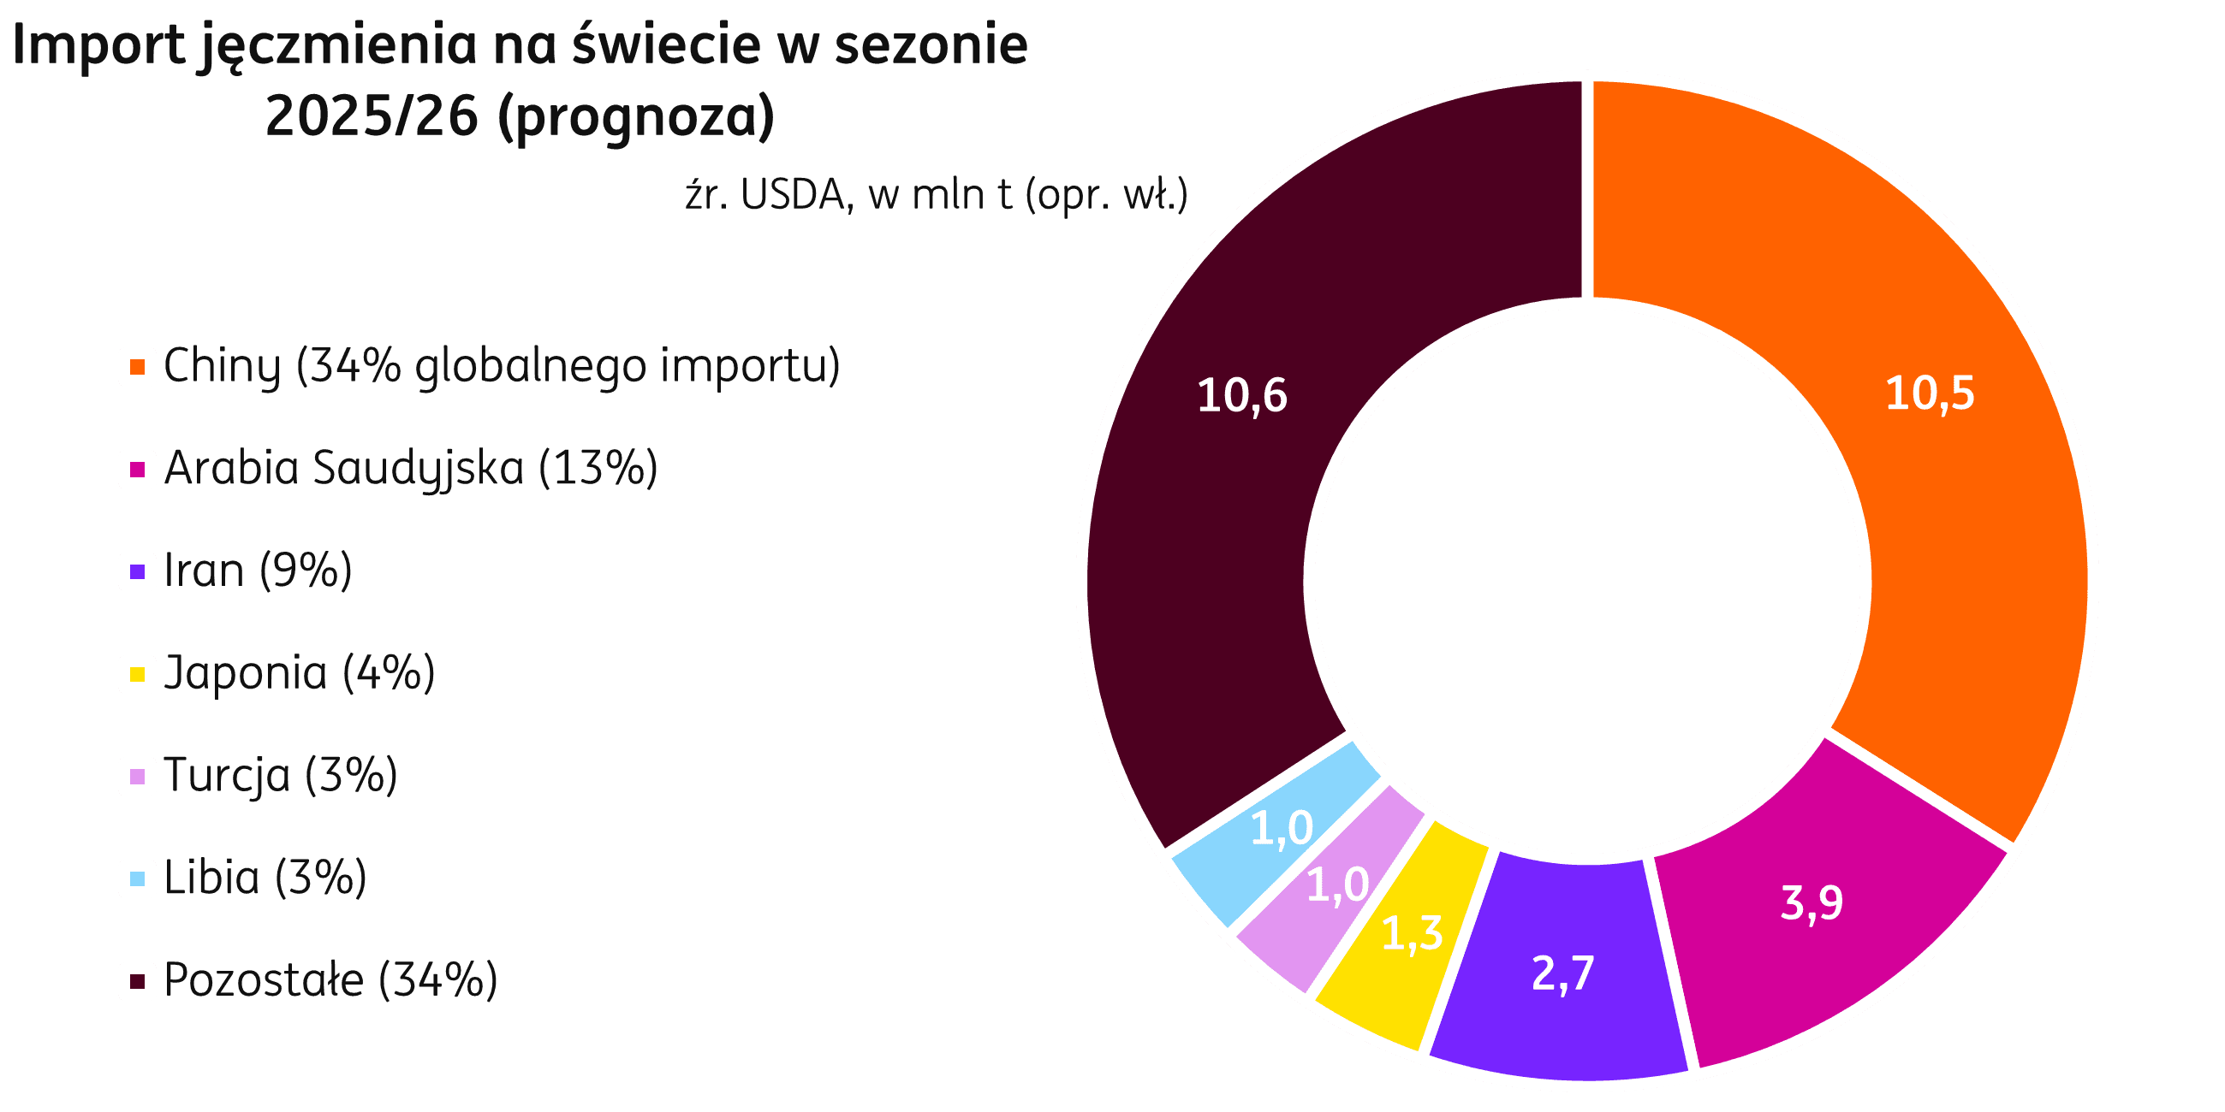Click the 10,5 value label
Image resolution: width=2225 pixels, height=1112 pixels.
coord(1930,393)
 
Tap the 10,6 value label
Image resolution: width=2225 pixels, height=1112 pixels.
coord(1242,395)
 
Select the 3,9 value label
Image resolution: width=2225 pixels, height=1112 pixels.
coord(1812,902)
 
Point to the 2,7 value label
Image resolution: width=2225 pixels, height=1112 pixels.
coord(1562,973)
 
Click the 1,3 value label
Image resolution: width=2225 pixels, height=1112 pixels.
coord(1412,933)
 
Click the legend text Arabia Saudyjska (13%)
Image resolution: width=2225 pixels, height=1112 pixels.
coord(410,469)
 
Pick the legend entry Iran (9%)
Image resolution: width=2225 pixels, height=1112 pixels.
coord(258,571)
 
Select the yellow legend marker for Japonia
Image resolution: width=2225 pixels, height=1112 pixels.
coord(137,674)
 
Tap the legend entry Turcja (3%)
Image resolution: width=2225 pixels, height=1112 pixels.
coord(280,775)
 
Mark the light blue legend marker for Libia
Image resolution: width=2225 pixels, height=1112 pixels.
coord(137,878)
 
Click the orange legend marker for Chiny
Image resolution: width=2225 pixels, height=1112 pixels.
coord(137,367)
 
